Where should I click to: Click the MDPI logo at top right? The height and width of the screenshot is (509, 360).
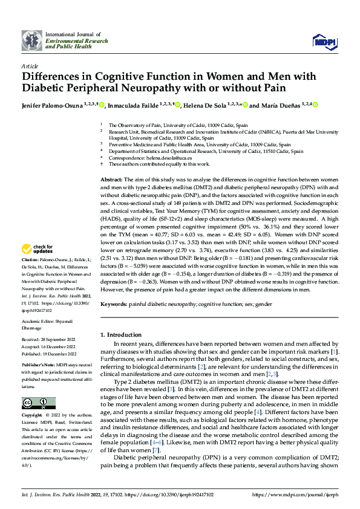324,41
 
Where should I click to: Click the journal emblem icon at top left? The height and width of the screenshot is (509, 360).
32,40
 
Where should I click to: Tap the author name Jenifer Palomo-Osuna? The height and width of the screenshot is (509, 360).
48,105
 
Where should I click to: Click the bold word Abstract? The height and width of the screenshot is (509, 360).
111,180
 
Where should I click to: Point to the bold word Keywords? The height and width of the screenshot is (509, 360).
113,305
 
